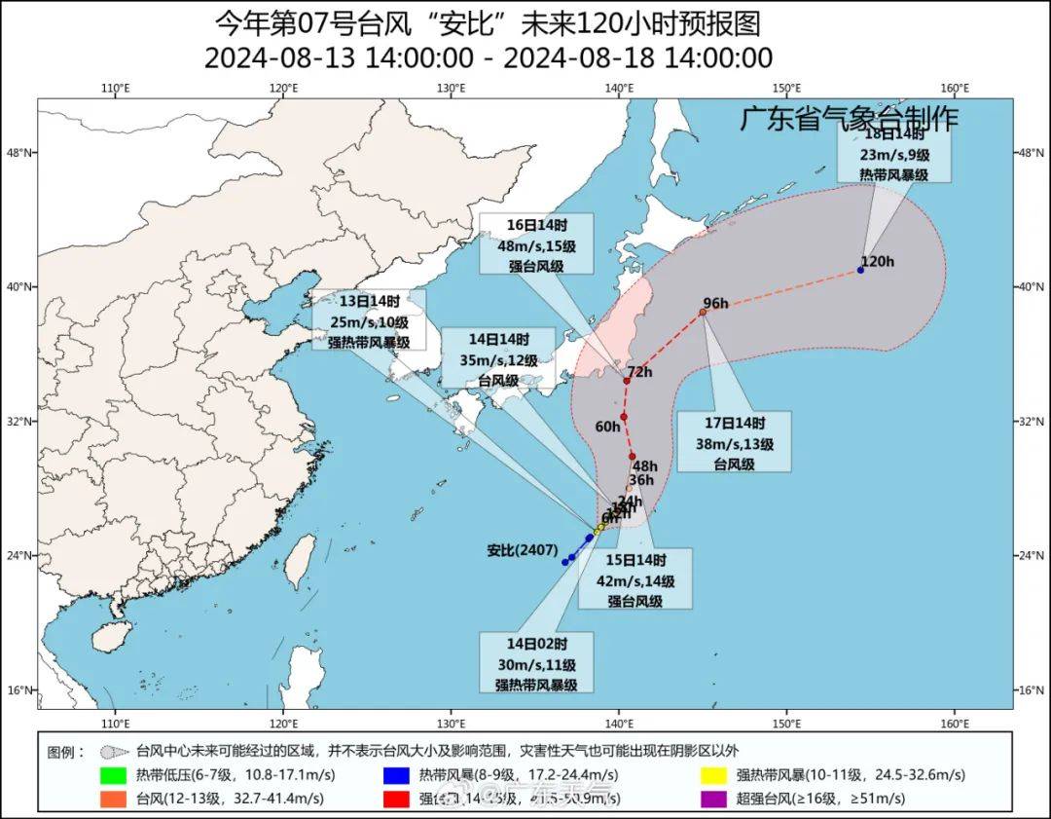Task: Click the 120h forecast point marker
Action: (x=861, y=270)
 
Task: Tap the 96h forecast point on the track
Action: (x=703, y=312)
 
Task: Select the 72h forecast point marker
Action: (x=627, y=380)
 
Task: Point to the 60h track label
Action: (x=607, y=427)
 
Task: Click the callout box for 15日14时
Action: (x=635, y=578)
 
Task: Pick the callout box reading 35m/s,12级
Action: (x=497, y=359)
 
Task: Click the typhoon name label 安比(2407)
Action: (x=521, y=550)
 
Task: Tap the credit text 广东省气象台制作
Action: (x=850, y=119)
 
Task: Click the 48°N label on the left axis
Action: (x=22, y=153)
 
